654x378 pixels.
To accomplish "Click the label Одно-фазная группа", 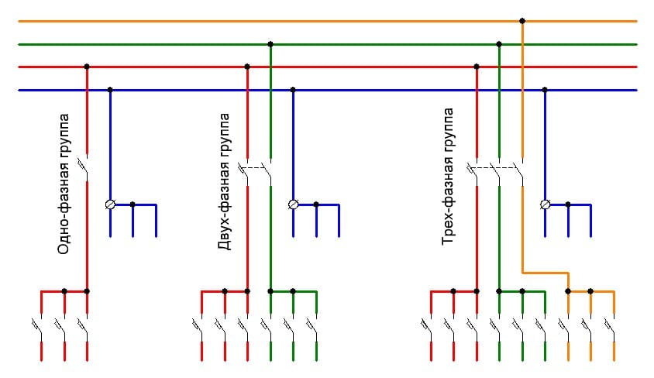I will click(64, 184).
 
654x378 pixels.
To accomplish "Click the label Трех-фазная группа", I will click(449, 177).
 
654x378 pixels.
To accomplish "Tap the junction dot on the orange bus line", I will click(522, 21).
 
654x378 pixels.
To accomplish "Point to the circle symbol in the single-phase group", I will click(110, 204).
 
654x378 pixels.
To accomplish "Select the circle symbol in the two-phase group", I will click(293, 204).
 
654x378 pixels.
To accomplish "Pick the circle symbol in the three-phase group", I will click(545, 204).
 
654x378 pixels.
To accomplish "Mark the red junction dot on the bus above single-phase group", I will click(87, 67).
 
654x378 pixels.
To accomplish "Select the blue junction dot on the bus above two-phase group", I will click(293, 90).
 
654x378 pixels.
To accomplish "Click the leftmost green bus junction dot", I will click(270, 44).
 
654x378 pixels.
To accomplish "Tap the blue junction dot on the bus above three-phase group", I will click(545, 90).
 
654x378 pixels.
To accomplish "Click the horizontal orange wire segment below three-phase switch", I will click(546, 272).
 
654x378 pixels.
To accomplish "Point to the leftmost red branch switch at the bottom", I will click(40, 325).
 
